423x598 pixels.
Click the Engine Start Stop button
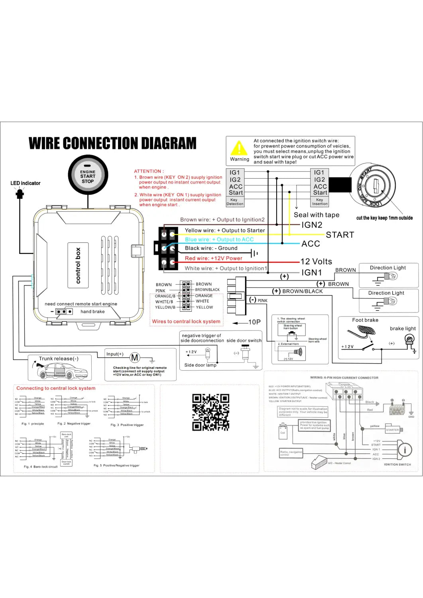click(88, 176)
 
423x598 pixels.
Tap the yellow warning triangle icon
click(239, 148)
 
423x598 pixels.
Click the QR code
click(211, 412)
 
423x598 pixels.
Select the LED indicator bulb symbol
click(20, 194)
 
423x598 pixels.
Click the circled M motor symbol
click(135, 358)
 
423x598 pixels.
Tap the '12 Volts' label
click(316, 262)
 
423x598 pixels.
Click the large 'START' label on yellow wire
click(340, 235)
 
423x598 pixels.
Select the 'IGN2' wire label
click(312, 225)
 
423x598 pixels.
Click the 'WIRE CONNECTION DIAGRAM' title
click(112, 143)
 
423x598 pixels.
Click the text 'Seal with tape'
click(317, 215)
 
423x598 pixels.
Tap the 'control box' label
click(78, 266)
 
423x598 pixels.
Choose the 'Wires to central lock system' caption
click(186, 321)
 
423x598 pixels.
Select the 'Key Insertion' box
click(320, 202)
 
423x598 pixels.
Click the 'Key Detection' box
click(235, 202)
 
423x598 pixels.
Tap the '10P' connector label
click(254, 322)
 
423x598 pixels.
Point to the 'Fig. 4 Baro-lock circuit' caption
click(41, 466)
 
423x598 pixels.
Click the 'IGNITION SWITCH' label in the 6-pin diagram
click(397, 464)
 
